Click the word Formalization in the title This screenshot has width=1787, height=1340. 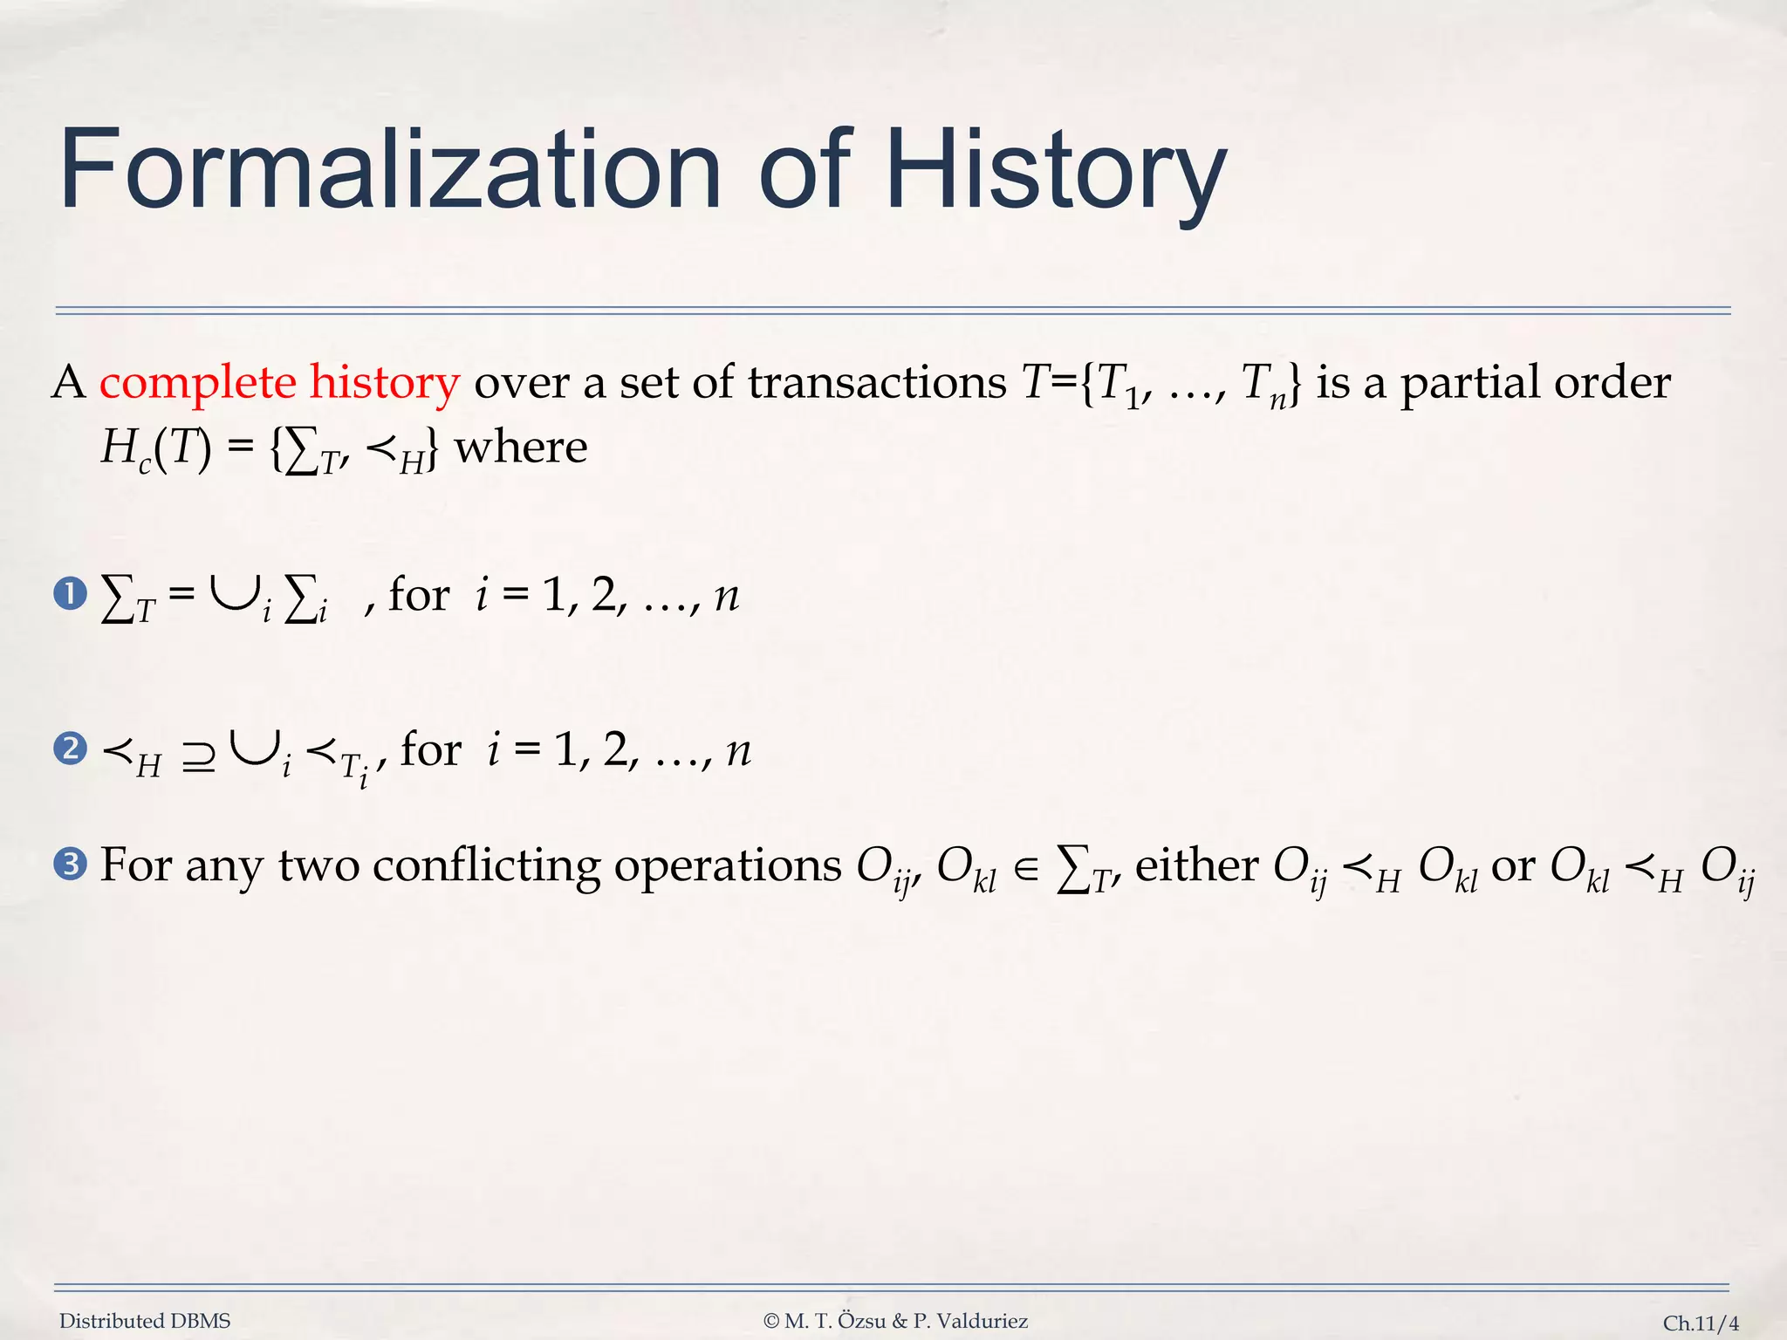pyautogui.click(x=389, y=170)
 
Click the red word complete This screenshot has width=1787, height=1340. pyautogui.click(x=198, y=384)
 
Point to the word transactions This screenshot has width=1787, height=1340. pyautogui.click(x=877, y=384)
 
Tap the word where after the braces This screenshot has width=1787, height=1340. pyautogui.click(x=521, y=448)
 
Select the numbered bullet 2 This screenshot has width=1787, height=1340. pyautogui.click(x=70, y=749)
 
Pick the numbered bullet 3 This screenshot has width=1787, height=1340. pyautogui.click(x=70, y=865)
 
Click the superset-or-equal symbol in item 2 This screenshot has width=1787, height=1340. pyautogui.click(x=199, y=756)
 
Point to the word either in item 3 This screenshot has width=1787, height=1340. pyautogui.click(x=1196, y=865)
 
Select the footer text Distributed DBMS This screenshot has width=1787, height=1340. pyautogui.click(x=145, y=1321)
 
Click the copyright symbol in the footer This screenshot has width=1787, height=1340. pyautogui.click(x=770, y=1321)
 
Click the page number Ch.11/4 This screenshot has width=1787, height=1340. pyautogui.click(x=1701, y=1323)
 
